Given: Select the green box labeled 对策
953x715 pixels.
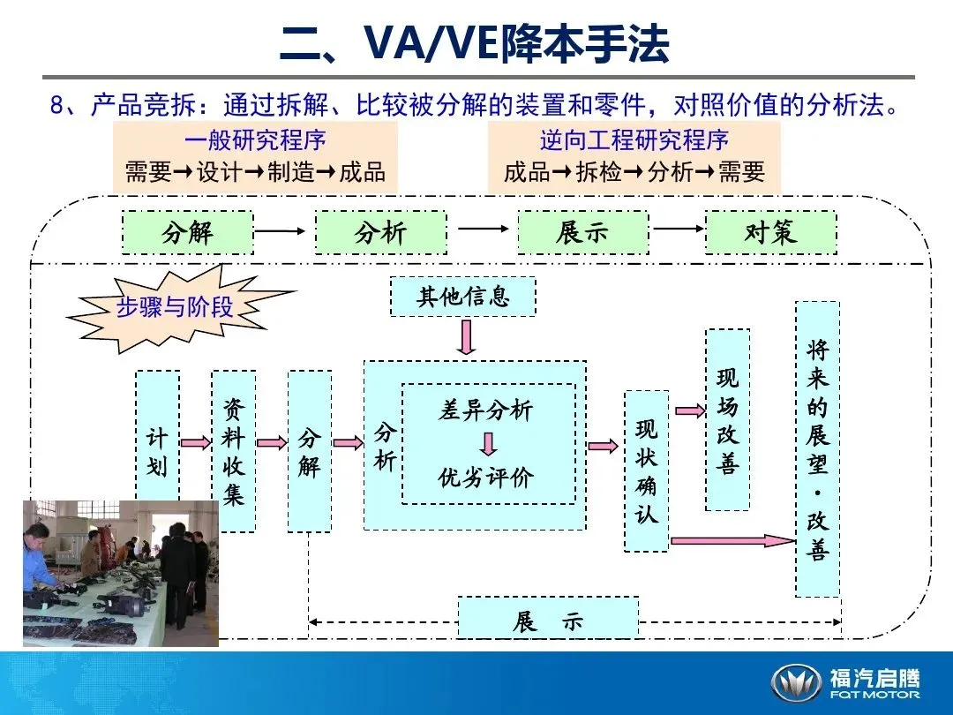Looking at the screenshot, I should coord(770,233).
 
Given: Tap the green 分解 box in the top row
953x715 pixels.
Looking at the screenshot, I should coord(187,233).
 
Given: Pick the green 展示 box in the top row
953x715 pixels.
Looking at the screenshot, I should coord(582,233).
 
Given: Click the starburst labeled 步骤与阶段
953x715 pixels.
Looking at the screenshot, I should coord(176,306).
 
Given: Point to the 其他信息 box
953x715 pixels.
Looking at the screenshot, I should coord(463,296).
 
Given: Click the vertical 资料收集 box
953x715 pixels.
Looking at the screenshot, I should coord(233,450).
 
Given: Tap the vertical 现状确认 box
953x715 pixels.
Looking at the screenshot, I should coord(647,471).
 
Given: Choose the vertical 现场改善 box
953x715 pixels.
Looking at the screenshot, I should coord(728,419).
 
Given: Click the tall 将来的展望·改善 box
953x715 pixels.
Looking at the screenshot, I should coord(817,448).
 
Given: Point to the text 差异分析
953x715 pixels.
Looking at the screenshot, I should coord(486,410).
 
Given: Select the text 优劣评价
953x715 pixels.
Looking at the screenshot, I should coord(486,478).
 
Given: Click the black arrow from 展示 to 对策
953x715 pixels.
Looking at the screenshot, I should coord(679,228).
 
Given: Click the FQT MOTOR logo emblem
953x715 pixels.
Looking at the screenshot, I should coord(797,682).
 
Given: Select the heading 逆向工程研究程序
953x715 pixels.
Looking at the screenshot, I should coord(634,140).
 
